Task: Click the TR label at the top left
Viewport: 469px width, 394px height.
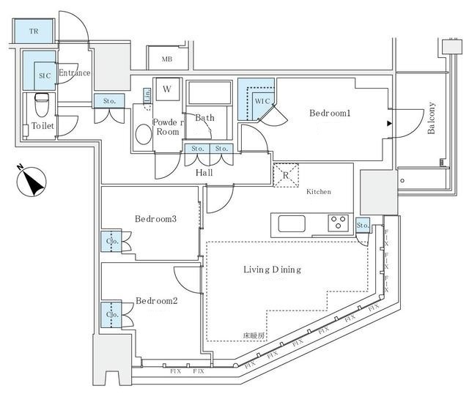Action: point(34,31)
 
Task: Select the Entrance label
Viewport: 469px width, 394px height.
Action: point(74,73)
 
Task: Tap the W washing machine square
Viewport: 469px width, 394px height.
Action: point(167,89)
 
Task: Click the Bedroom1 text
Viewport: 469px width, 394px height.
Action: point(330,114)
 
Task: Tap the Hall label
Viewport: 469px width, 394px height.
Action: point(204,173)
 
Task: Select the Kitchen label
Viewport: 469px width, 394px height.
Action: point(319,191)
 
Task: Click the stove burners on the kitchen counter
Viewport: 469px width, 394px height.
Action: point(338,221)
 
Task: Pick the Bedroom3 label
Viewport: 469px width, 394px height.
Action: point(155,219)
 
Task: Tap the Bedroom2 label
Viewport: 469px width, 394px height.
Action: point(156,300)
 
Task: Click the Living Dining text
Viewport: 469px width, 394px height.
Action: point(272,270)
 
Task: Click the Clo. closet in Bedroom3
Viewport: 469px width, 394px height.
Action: point(112,242)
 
